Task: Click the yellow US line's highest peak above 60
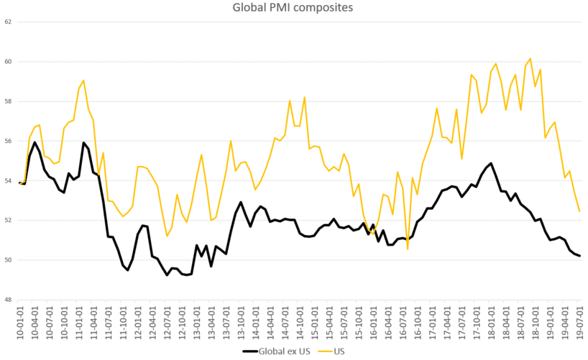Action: [530, 59]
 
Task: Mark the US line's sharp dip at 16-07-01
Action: [408, 249]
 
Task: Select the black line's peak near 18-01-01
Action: [491, 163]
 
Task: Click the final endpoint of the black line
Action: [579, 256]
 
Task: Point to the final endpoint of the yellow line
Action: [579, 211]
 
